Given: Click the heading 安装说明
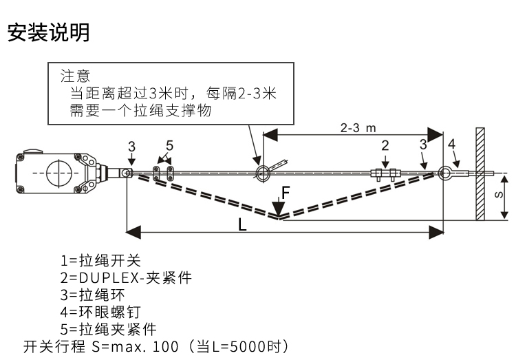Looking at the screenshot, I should tap(48, 32).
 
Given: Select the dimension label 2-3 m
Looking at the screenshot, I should tap(362, 128).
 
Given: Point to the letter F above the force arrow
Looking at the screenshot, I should tap(286, 192).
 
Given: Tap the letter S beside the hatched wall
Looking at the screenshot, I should tap(499, 195).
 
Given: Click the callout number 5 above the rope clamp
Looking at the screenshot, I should tap(169, 145).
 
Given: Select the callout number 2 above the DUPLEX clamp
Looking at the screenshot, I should tap(385, 145).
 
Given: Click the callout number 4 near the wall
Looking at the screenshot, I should tap(451, 143).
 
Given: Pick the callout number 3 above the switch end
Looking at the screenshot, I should tap(131, 146).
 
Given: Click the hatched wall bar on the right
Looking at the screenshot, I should tap(480, 173).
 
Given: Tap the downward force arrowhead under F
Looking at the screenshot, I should tap(278, 208).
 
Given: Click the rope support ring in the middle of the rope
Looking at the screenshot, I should tap(261, 173).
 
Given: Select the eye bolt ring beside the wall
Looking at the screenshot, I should tap(447, 173).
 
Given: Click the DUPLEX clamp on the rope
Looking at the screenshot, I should tap(385, 173).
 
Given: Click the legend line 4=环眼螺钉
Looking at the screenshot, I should tap(105, 312).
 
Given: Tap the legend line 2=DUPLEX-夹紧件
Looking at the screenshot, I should tap(126, 277).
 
